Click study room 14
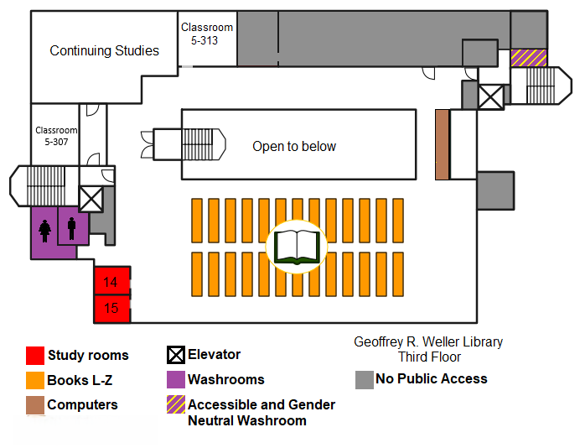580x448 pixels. pos(111,282)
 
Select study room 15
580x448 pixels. pos(111,308)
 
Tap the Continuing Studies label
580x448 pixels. pos(104,51)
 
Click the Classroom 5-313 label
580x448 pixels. pos(207,34)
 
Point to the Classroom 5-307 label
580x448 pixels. pos(56,136)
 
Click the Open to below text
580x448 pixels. pos(294,147)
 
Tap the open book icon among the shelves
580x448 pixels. pos(298,247)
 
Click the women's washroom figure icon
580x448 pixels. pos(44,227)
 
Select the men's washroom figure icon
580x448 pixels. pos(73,227)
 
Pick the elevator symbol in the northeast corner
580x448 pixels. pos(490,96)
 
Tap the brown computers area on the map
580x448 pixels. pos(442,144)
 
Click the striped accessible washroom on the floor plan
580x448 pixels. pos(529,58)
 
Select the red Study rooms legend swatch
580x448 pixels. pos(34,356)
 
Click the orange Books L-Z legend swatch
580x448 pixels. pos(34,380)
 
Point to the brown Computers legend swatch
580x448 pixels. pos(34,405)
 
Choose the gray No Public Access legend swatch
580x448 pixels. pos(363,379)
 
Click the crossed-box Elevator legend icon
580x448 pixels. pos(175,355)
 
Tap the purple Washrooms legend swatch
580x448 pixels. pos(175,379)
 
